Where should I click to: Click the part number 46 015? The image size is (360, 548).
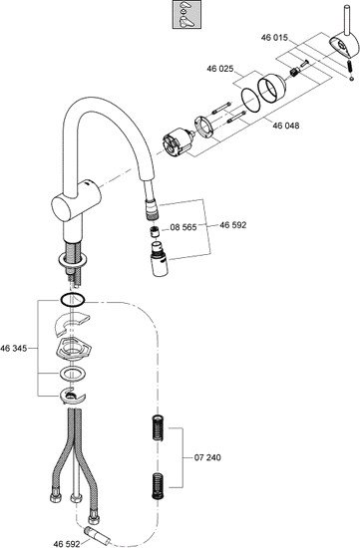(274, 38)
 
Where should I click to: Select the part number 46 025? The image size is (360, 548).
(220, 69)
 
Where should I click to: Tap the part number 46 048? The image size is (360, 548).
(286, 126)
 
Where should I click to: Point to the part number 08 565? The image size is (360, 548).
(183, 227)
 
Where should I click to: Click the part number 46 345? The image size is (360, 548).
(14, 348)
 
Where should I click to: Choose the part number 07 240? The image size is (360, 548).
(207, 457)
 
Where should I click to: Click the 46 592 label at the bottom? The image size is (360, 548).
(67, 544)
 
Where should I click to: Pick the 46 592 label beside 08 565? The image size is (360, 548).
(233, 225)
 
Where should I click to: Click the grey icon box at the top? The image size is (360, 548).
(186, 14)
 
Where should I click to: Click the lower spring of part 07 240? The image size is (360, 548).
(159, 486)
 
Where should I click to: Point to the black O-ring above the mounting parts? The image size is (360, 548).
(73, 300)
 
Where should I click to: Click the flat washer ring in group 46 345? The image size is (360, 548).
(73, 374)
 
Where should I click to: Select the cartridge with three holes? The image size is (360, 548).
(178, 141)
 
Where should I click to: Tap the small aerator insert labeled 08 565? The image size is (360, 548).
(155, 231)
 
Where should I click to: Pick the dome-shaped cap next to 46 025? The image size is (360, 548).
(271, 88)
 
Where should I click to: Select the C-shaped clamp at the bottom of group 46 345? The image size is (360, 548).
(73, 396)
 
